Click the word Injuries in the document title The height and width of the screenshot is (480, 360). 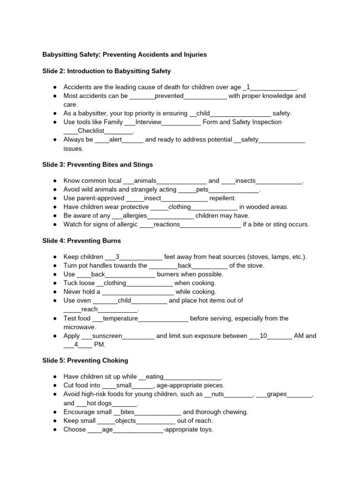click(x=193, y=55)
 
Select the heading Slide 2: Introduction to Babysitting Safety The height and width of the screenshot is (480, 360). click(x=107, y=71)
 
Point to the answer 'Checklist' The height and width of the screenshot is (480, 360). click(x=91, y=131)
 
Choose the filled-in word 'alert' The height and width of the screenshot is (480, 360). click(x=115, y=140)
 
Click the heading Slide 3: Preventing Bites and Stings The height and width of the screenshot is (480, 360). click(x=97, y=165)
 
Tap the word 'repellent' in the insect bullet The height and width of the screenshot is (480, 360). click(x=223, y=198)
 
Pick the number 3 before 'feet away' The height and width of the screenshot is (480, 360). click(x=118, y=257)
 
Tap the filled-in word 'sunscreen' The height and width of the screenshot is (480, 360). click(x=107, y=336)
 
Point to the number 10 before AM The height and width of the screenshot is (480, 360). click(x=263, y=336)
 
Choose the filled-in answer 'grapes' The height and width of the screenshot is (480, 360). click(x=277, y=394)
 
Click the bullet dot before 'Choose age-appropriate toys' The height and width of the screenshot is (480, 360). click(x=55, y=430)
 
